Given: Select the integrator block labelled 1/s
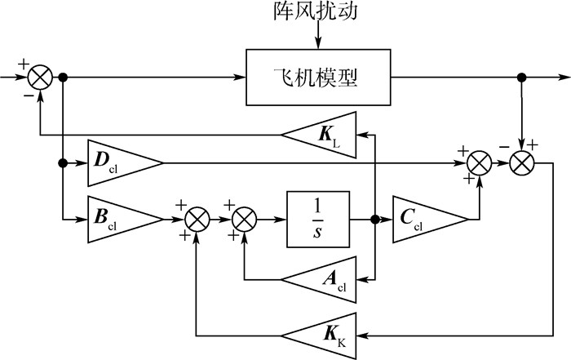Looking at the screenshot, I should point(317,218).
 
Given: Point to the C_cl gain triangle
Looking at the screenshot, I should point(429,219).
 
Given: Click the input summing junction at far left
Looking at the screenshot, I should point(40,78).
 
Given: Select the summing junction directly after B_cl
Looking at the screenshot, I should point(197,219).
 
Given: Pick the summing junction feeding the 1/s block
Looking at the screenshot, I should point(244,219).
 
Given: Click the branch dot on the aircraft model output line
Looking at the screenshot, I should point(520,78).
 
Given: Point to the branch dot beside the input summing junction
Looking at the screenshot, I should point(64,78).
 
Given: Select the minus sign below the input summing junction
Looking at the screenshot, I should point(30,96).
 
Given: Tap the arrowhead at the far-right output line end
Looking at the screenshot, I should point(565,78).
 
